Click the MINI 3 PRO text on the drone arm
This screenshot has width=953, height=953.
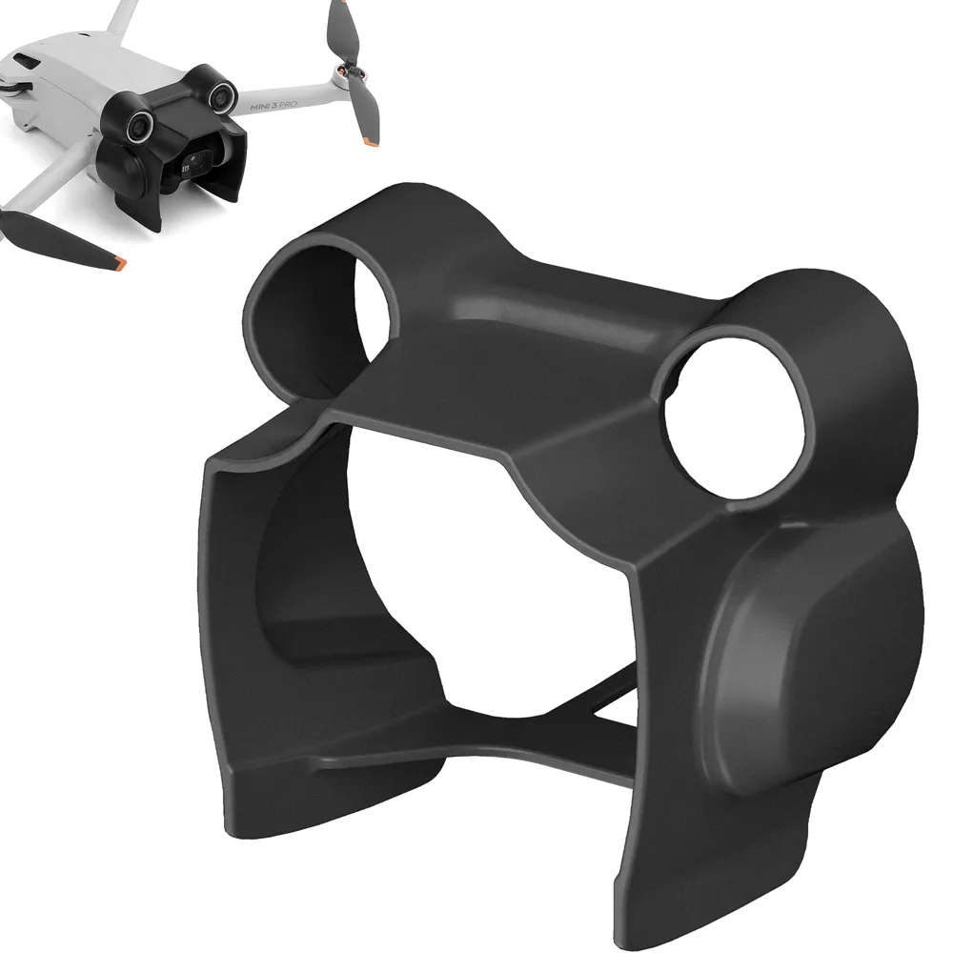[x=274, y=106]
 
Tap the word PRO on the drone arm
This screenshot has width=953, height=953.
[x=288, y=105]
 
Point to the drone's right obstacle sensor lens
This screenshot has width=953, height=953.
[x=222, y=95]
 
